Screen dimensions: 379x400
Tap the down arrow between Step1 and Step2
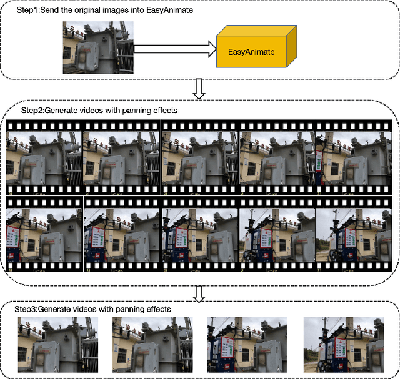[x=199, y=90]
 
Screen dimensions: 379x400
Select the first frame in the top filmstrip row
[x=44, y=159]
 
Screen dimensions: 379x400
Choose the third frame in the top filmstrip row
[x=200, y=159]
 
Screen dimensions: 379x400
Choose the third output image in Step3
[x=246, y=343]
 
